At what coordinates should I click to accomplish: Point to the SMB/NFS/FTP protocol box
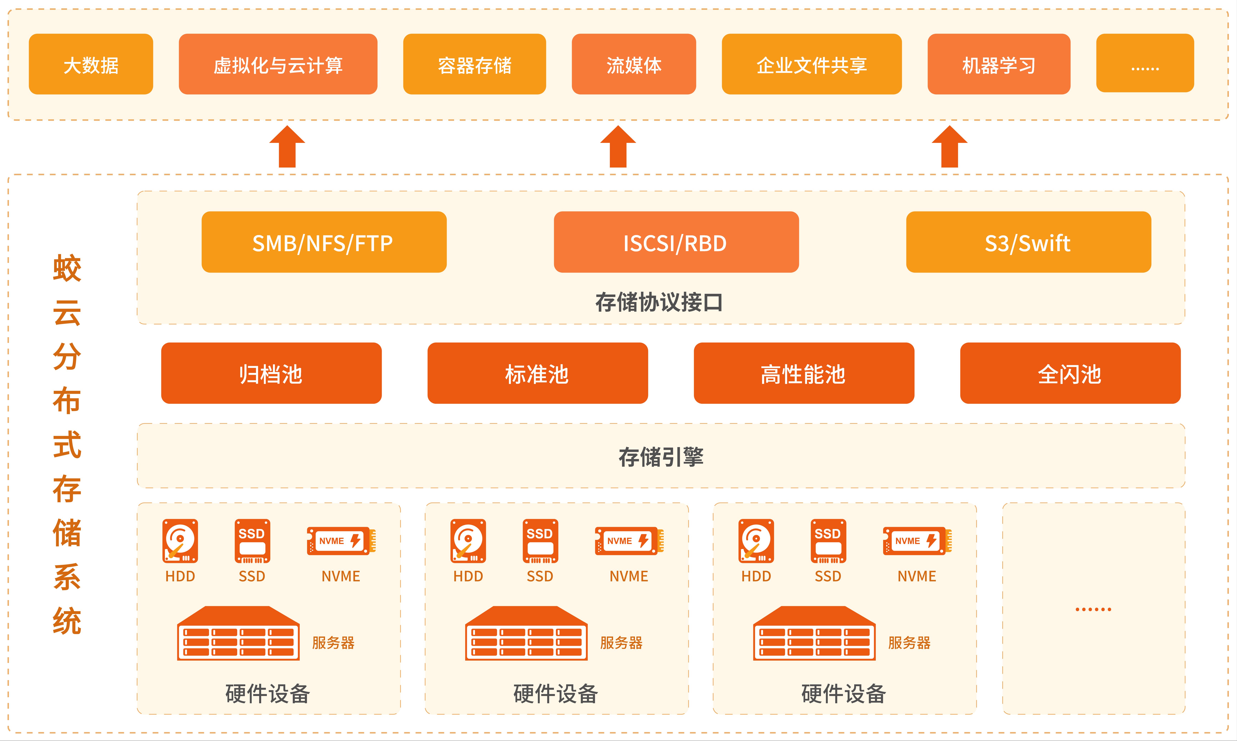(x=324, y=242)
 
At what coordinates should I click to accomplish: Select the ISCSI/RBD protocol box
(x=676, y=242)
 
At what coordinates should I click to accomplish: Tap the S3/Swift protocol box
(x=1028, y=242)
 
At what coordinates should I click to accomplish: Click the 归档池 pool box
(x=271, y=373)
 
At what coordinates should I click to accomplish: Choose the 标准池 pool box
(x=537, y=373)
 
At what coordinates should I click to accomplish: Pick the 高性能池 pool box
(x=803, y=373)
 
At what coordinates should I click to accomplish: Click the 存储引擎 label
(x=661, y=456)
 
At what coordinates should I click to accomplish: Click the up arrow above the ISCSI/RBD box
(x=618, y=146)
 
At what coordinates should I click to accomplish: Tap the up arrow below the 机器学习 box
(x=949, y=146)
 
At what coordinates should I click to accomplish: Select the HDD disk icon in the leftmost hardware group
(x=180, y=541)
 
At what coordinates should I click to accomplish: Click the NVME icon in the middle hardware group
(x=629, y=541)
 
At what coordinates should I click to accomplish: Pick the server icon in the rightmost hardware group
(x=814, y=633)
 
